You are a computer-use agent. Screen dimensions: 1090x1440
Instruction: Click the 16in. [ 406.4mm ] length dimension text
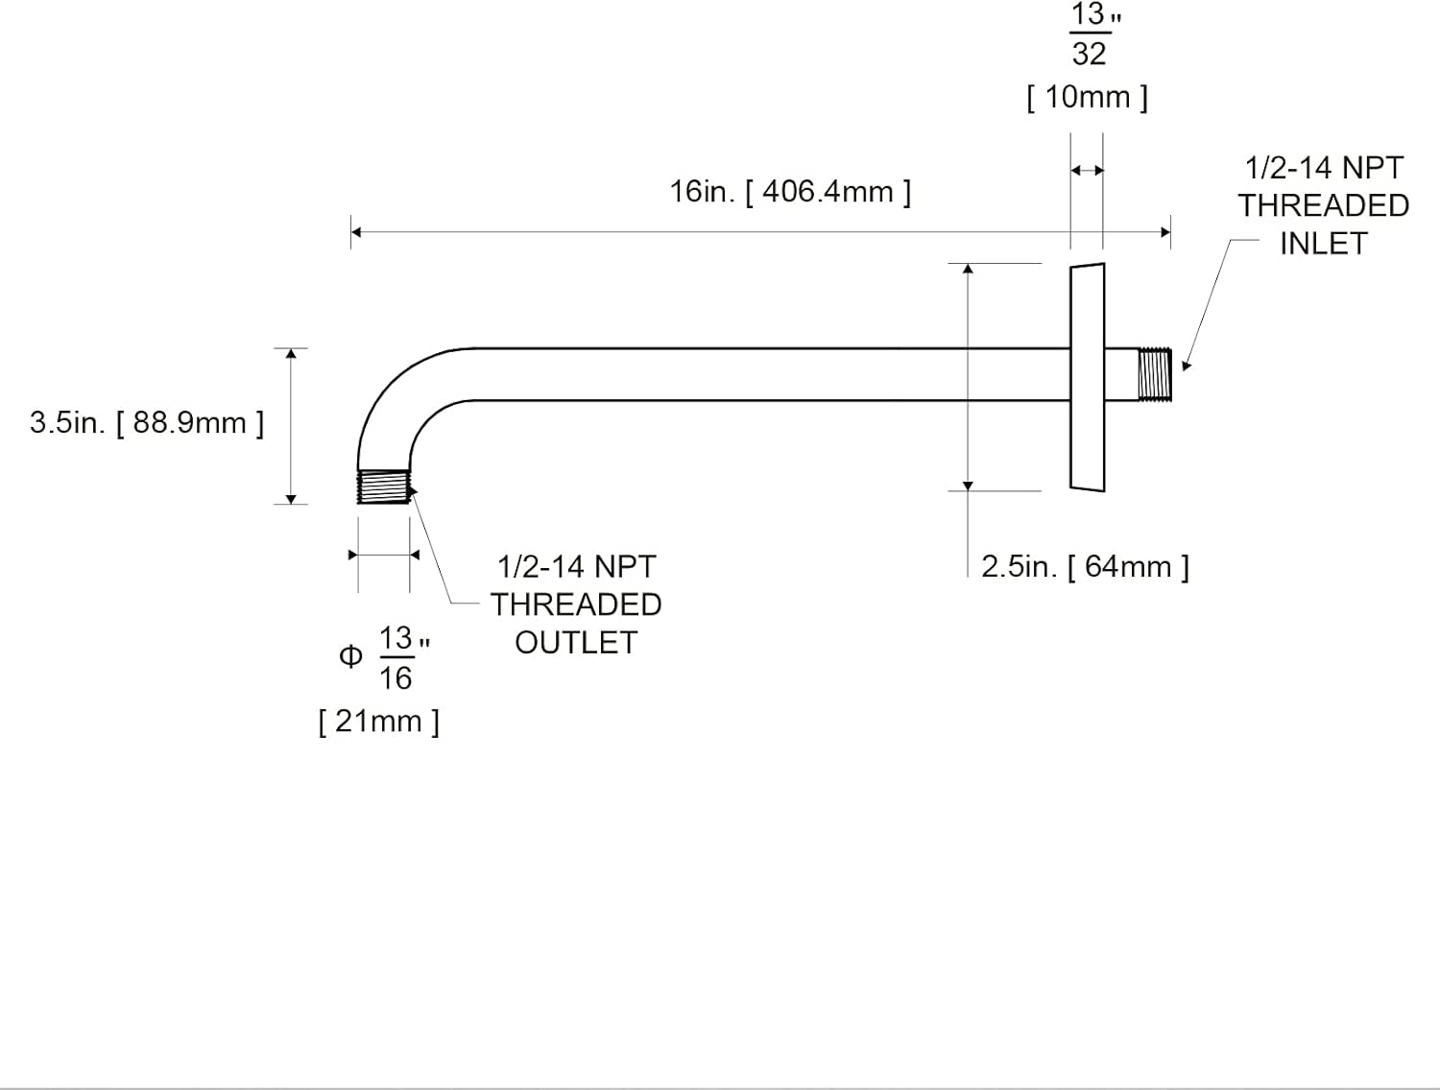[x=789, y=192]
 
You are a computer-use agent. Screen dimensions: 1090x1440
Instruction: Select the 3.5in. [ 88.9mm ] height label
[x=146, y=422]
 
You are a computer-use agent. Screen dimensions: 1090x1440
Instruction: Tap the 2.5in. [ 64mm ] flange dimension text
[x=1085, y=566]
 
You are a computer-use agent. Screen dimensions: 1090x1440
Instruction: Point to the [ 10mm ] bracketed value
[x=1087, y=97]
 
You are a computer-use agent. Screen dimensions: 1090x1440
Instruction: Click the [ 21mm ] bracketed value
[x=378, y=721]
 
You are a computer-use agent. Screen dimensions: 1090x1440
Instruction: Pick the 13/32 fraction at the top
[x=1089, y=35]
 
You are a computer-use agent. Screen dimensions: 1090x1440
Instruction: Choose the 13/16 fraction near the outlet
[x=396, y=658]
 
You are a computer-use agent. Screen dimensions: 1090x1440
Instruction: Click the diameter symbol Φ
[x=350, y=656]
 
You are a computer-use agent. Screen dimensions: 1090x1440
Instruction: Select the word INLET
[x=1323, y=244]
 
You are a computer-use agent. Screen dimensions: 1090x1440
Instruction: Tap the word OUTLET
[x=576, y=643]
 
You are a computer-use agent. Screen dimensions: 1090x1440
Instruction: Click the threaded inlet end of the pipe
[x=1155, y=374]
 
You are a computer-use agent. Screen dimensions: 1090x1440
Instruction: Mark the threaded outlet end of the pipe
[x=384, y=486]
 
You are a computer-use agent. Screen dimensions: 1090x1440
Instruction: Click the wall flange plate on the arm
[x=1088, y=376]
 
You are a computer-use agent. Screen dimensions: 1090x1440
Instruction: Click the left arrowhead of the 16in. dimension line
[x=356, y=232]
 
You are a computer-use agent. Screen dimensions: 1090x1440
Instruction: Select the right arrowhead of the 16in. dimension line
[x=1165, y=232]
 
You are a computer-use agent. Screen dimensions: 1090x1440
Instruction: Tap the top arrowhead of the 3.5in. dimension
[x=291, y=354]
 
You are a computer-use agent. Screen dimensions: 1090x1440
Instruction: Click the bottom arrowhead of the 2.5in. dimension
[x=968, y=486]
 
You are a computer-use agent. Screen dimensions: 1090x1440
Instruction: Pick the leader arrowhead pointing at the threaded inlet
[x=1186, y=366]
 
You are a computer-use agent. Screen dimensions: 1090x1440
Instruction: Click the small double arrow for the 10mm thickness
[x=1087, y=171]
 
